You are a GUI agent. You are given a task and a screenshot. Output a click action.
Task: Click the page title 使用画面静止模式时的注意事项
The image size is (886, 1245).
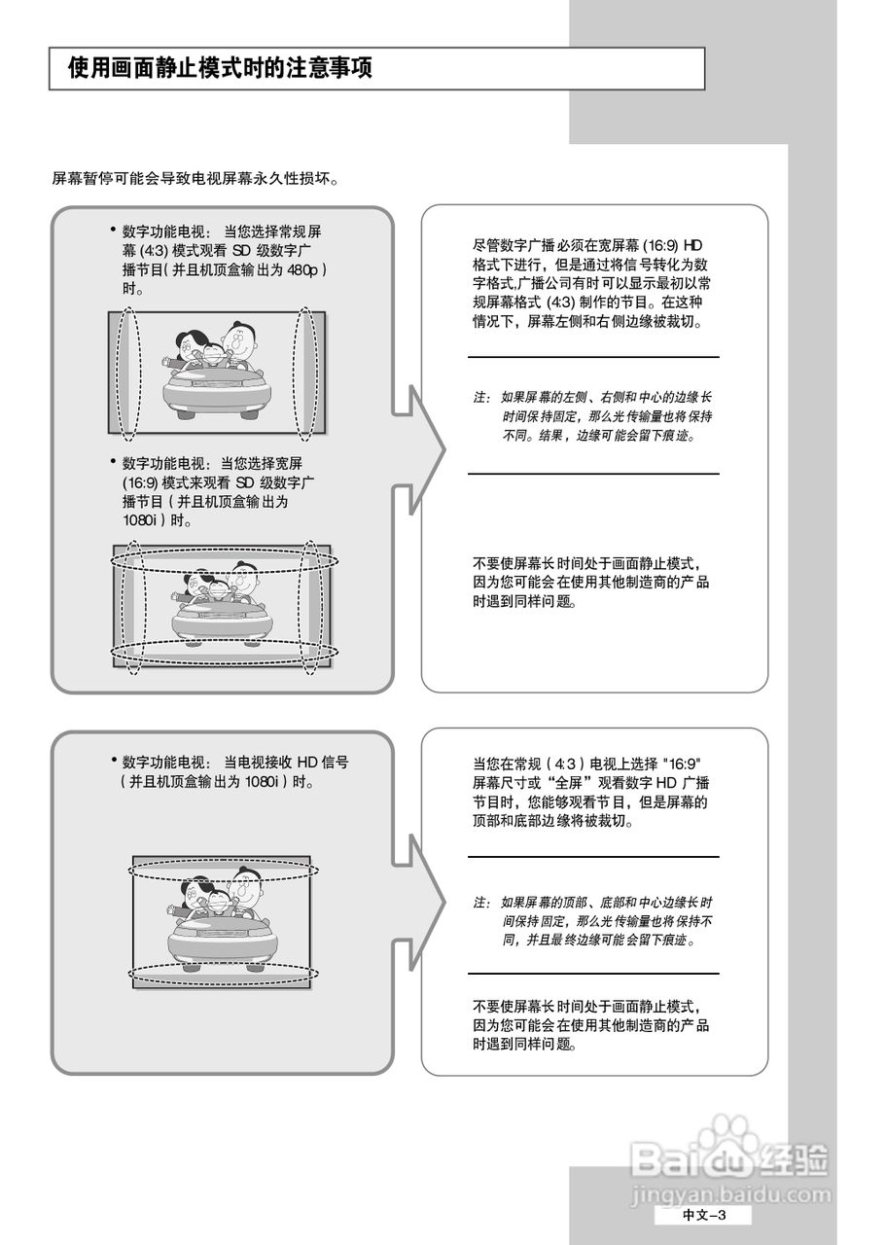pos(220,68)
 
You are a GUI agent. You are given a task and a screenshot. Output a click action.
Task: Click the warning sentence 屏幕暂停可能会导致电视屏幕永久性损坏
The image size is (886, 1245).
pos(195,179)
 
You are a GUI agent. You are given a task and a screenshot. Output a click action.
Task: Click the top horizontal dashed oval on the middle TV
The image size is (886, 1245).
pos(224,562)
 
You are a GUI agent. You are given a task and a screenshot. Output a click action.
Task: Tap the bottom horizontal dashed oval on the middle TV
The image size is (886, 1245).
pos(224,650)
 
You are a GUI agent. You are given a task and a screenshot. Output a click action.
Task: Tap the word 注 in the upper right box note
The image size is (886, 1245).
pos(479,397)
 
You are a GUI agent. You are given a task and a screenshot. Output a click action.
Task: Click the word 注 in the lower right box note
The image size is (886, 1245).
pos(479,903)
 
